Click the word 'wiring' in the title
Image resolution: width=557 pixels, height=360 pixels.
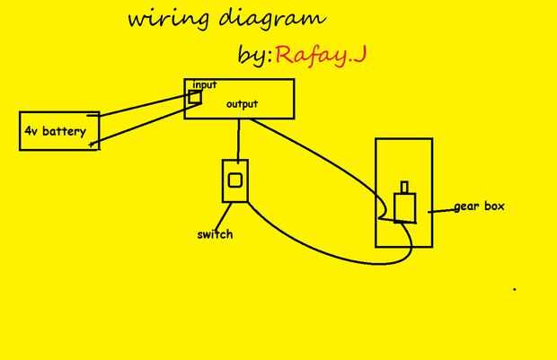click(x=157, y=21)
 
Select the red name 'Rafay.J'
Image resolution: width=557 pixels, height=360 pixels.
click(x=322, y=56)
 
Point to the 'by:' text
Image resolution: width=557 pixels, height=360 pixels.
click(x=254, y=56)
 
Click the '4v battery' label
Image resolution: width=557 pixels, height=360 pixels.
click(x=55, y=133)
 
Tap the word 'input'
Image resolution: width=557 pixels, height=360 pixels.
click(x=205, y=84)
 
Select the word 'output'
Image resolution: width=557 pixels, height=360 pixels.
click(x=242, y=103)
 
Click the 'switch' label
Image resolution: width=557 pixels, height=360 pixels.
click(x=215, y=235)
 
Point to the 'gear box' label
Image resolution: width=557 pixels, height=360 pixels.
click(x=479, y=206)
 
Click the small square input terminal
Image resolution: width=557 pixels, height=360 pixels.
click(x=195, y=96)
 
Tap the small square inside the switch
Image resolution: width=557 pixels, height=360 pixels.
click(x=234, y=180)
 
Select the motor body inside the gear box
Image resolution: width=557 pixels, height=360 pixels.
click(x=404, y=207)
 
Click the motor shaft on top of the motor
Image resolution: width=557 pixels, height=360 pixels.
click(x=405, y=187)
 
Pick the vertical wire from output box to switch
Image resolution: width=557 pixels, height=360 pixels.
click(x=238, y=139)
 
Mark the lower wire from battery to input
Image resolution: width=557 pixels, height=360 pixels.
click(x=144, y=127)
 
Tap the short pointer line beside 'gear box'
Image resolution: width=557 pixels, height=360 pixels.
click(x=439, y=210)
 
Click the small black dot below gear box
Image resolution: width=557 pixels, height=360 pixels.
click(x=515, y=290)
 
